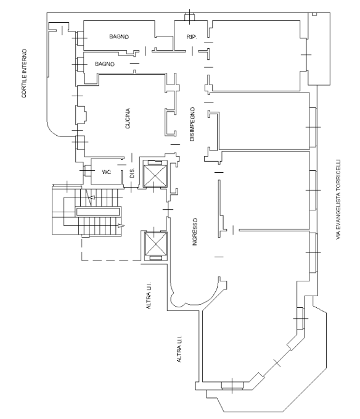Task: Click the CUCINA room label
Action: [128, 118]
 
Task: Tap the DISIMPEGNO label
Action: [192, 124]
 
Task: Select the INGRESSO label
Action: [195, 232]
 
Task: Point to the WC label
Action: [107, 172]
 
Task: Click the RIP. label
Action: [192, 37]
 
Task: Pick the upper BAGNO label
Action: [119, 36]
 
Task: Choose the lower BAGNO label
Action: [105, 64]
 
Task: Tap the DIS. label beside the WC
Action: [132, 173]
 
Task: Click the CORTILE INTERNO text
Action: [24, 73]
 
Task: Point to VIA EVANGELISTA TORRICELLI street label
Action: [338, 199]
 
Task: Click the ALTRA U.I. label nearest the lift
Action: [149, 296]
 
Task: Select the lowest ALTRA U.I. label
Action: [179, 349]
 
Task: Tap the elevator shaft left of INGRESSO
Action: [155, 244]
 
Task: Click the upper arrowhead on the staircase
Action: [92, 197]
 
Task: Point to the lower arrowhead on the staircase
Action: [121, 226]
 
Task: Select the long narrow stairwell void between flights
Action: [98, 212]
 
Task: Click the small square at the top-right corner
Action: [314, 14]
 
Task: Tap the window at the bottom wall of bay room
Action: [232, 385]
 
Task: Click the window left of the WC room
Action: [87, 171]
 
